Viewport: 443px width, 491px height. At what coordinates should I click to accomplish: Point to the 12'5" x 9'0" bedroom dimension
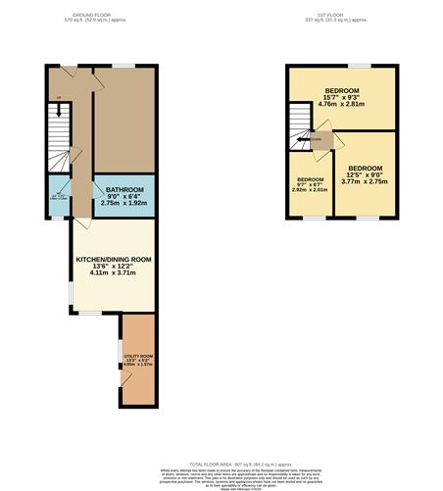364,174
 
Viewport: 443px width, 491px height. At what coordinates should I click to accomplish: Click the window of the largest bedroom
361,68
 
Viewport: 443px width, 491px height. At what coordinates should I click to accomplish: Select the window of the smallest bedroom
312,218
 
